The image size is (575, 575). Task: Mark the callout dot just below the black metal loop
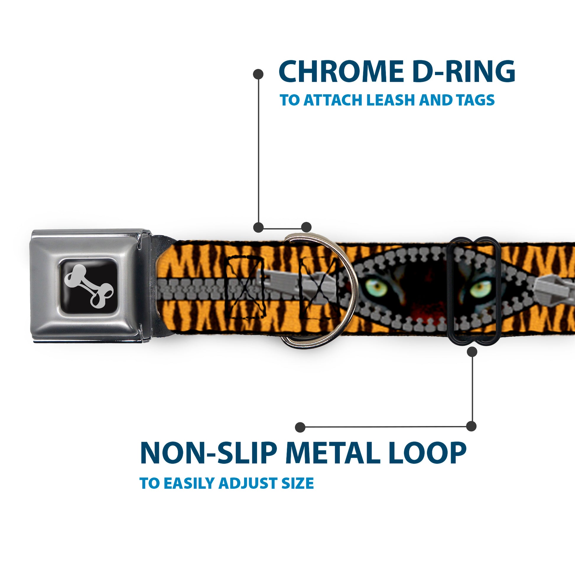(x=472, y=352)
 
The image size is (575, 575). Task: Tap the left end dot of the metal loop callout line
(x=300, y=427)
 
